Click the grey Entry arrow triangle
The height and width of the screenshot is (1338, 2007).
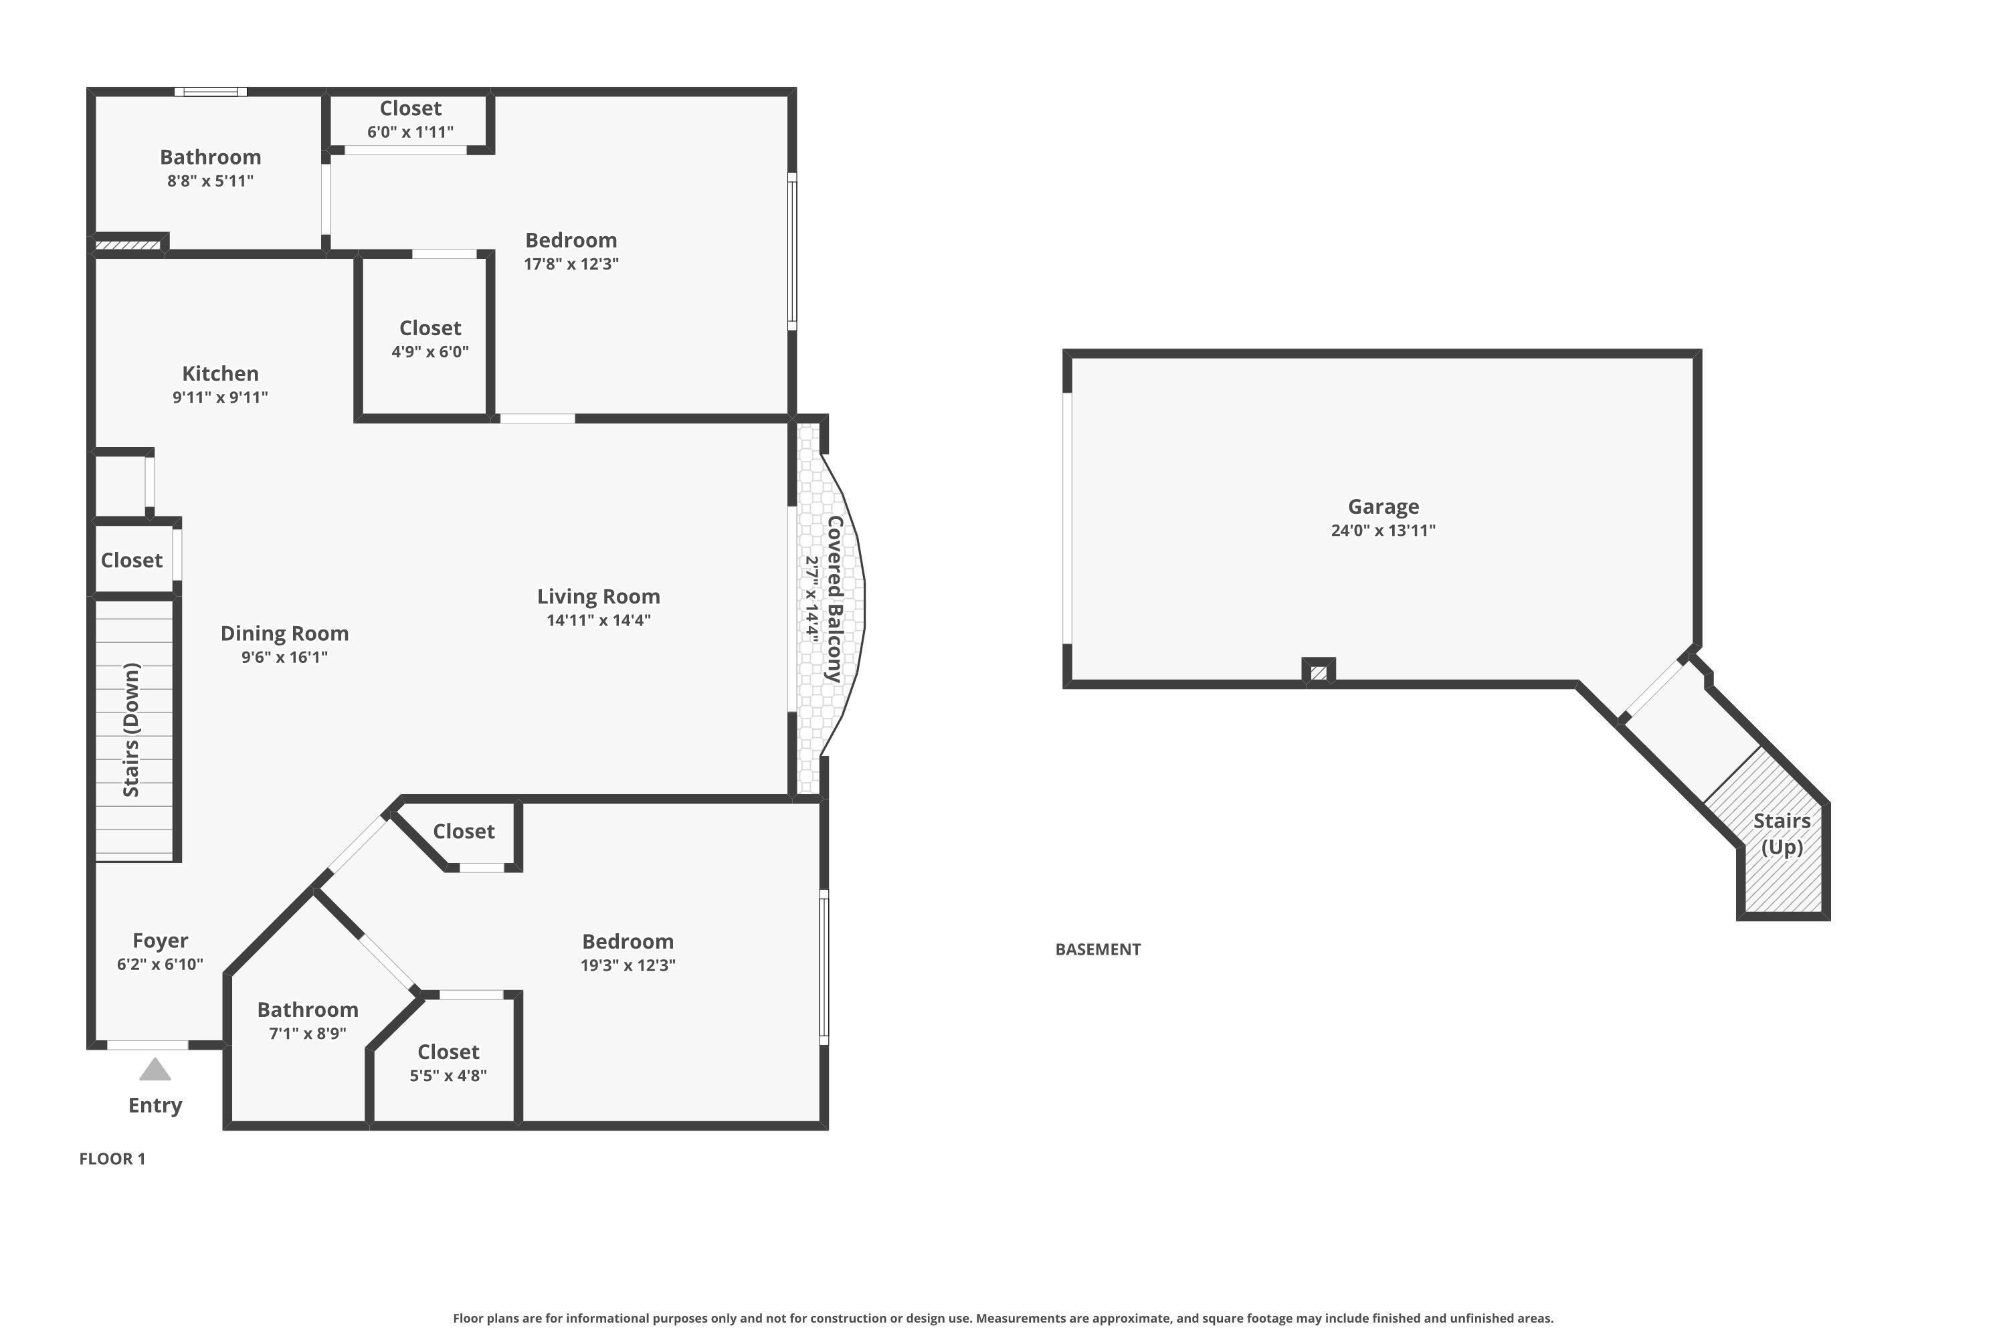[155, 1070]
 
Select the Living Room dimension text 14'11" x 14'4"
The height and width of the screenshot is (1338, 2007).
[598, 620]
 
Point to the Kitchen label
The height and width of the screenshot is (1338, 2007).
[220, 374]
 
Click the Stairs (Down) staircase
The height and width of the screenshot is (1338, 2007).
[133, 730]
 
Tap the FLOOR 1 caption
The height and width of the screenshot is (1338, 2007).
[112, 1159]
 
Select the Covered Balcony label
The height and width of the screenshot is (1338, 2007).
[834, 599]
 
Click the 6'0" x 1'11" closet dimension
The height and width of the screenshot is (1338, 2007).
[411, 132]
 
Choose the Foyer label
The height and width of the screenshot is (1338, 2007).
[161, 941]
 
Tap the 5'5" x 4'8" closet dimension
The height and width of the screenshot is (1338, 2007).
[448, 1076]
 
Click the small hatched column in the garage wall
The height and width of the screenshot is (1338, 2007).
[1319, 672]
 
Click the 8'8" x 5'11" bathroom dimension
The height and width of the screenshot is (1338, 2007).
[210, 181]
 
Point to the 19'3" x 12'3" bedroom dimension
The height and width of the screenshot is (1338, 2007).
[628, 965]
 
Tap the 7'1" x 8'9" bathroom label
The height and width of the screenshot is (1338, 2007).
[307, 1010]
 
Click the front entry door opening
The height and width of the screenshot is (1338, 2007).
[148, 1045]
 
